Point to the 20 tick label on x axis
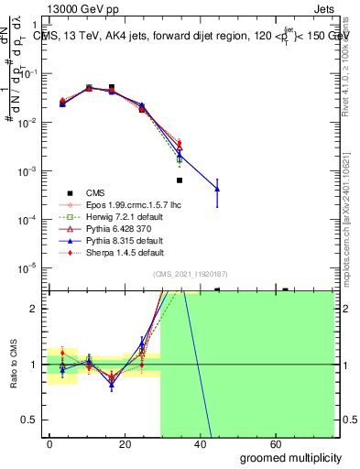click(127, 443)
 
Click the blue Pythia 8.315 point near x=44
click(217, 189)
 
